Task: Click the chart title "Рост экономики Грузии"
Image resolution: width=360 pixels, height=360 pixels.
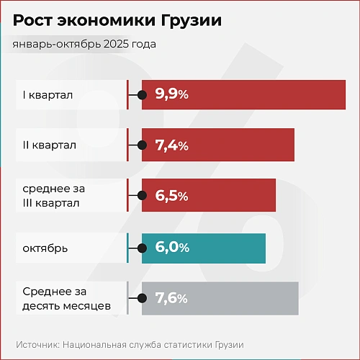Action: coord(117,21)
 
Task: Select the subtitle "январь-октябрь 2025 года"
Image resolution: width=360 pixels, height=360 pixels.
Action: coord(84,44)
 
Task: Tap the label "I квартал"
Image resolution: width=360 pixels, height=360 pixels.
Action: coord(48,94)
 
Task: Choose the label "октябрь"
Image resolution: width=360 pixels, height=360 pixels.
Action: coord(45,248)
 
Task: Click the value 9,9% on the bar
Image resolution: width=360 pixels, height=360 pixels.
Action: coord(171,94)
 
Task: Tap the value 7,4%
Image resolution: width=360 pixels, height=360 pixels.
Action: coord(171,145)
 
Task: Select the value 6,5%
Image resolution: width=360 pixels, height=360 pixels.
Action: coord(171,196)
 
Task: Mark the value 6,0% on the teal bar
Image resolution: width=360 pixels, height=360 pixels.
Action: coord(171,248)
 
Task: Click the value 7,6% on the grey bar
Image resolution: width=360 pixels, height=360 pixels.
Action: coord(171,298)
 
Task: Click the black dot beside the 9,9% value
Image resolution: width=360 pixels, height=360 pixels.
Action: coord(143,94)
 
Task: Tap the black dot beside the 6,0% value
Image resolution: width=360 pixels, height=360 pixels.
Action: coord(143,248)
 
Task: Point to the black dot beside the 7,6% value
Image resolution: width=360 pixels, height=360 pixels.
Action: coord(143,298)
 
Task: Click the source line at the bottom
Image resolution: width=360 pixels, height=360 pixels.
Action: coord(130,345)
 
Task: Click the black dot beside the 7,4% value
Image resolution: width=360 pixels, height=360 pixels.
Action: coord(143,145)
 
